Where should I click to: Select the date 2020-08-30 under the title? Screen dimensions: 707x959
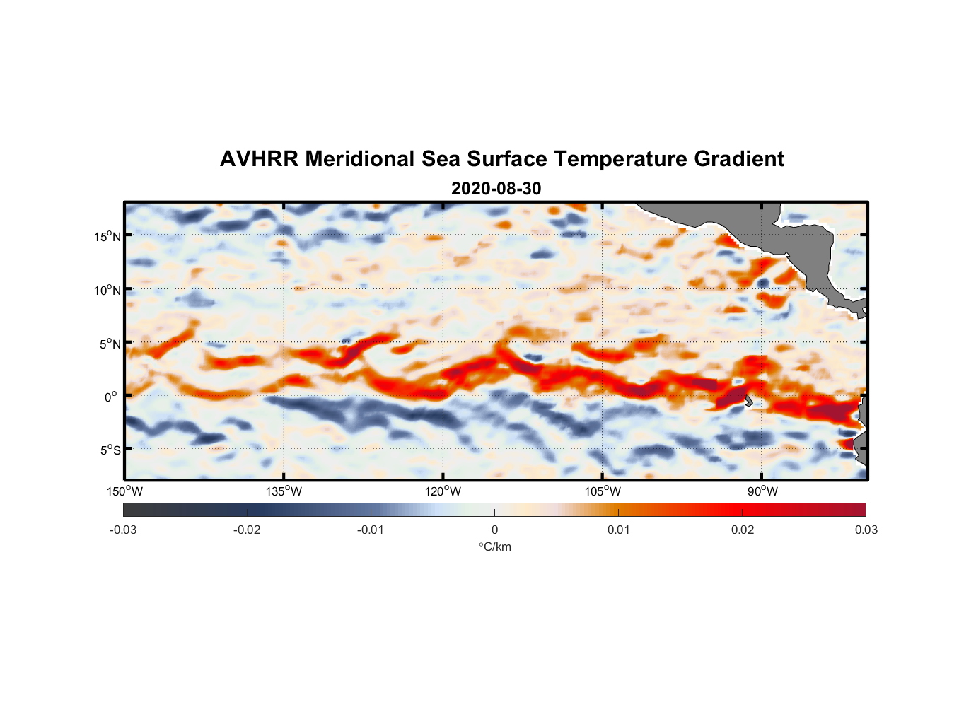click(x=496, y=189)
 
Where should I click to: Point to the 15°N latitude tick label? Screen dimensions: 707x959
click(x=107, y=236)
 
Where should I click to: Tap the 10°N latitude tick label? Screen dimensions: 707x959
click(x=107, y=290)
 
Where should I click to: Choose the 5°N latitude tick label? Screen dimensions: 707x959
click(x=110, y=344)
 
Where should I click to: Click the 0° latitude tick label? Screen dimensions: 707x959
click(x=111, y=397)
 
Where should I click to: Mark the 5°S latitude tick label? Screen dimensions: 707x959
click(x=110, y=450)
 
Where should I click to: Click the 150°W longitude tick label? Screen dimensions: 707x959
click(x=125, y=491)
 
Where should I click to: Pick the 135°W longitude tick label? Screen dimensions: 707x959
click(x=284, y=491)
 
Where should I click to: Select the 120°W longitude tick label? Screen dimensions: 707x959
click(x=443, y=491)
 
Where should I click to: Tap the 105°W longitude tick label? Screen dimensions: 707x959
click(x=603, y=491)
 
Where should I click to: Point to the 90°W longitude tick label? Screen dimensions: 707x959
click(x=762, y=491)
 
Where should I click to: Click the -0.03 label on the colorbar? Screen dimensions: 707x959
click(x=123, y=530)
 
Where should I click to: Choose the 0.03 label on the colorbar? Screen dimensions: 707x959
click(x=866, y=530)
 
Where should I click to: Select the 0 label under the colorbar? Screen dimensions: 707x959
click(x=494, y=530)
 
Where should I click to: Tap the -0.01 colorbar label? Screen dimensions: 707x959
click(x=371, y=530)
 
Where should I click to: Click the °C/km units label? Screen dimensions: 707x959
click(x=495, y=547)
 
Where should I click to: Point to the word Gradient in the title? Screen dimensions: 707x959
click(x=739, y=159)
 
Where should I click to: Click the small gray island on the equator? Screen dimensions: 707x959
click(x=748, y=400)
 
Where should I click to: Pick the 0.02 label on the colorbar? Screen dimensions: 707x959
click(x=742, y=530)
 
